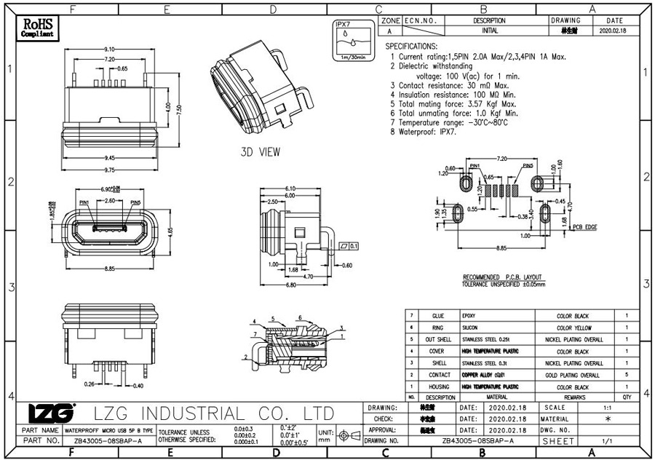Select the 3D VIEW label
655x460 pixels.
coord(260,152)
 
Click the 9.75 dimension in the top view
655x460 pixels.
coord(110,169)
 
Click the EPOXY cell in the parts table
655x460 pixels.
coord(469,317)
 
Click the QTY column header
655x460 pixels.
coord(627,397)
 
